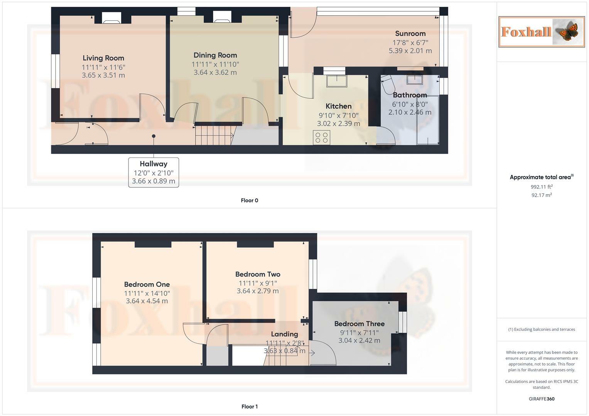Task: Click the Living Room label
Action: [103, 58]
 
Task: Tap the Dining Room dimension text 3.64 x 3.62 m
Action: [215, 72]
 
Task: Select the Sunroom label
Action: [410, 34]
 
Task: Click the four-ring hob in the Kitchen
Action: [321, 138]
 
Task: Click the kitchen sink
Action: [337, 81]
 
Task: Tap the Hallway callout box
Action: [154, 172]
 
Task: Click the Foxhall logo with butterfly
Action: [542, 32]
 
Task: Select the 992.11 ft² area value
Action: [542, 187]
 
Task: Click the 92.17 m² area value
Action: [542, 195]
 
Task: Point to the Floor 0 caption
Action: [250, 200]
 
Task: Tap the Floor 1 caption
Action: [250, 406]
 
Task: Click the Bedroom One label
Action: [147, 284]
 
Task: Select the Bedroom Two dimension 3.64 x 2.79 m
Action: [258, 291]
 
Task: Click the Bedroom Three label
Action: [359, 324]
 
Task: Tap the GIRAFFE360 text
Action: [542, 399]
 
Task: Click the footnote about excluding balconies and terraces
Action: [542, 329]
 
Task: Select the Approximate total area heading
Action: [542, 177]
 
